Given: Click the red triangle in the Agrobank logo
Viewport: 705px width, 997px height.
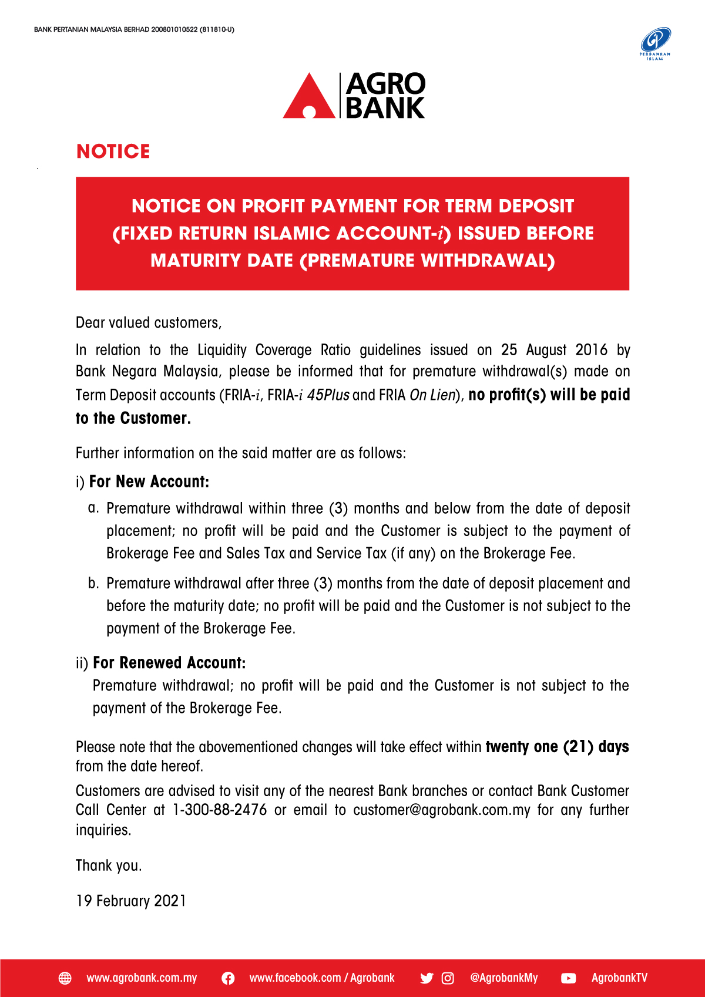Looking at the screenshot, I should click(309, 97).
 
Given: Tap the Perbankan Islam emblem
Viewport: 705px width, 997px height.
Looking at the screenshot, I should click(655, 43).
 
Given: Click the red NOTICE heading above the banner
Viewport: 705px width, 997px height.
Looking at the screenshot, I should click(113, 151).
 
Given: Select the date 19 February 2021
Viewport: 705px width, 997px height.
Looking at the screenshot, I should click(131, 901).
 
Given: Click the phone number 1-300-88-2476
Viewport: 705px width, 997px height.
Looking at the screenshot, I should click(220, 810).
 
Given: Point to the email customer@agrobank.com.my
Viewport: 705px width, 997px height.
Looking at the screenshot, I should click(442, 810).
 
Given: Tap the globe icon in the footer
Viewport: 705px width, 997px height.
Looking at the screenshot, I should click(65, 978).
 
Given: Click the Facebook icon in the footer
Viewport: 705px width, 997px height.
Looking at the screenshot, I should click(228, 978).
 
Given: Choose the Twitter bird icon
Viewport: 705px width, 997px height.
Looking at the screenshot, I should click(427, 978).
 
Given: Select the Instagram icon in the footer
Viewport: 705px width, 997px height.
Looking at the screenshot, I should click(448, 978).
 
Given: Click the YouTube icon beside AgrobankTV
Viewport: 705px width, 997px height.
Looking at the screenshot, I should click(568, 978).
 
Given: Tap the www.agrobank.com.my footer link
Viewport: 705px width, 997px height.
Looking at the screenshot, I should click(142, 978).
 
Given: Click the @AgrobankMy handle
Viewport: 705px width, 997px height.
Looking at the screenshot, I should click(503, 978).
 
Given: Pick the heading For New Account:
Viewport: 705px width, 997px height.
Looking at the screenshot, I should click(149, 482).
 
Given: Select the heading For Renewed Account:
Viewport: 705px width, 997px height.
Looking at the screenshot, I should click(169, 663).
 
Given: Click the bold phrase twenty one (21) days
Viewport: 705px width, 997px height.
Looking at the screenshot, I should click(557, 747).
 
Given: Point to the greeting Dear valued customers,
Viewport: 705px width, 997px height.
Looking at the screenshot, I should click(149, 323).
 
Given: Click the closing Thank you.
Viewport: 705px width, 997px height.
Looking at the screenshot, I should click(109, 865).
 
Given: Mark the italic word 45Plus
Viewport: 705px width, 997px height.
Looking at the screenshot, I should click(328, 395).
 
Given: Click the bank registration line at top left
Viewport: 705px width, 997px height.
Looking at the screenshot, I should click(134, 29).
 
